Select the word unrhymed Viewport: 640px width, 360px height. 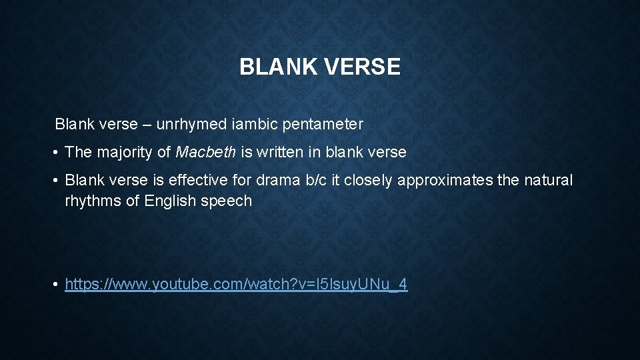[187, 124]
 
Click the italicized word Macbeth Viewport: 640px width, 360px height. [205, 152]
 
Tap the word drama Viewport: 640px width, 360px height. [267, 181]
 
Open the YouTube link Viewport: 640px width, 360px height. [236, 285]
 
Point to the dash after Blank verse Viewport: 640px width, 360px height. [144, 125]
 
